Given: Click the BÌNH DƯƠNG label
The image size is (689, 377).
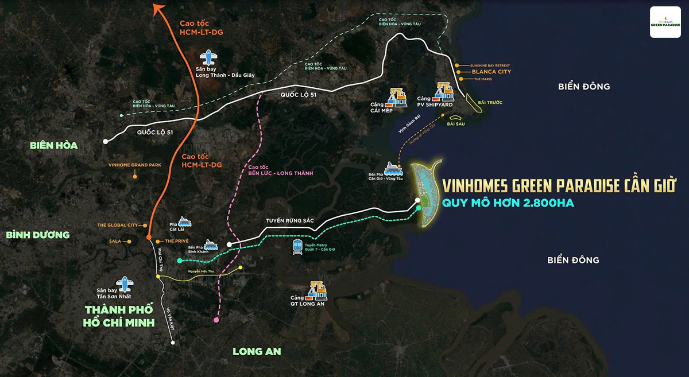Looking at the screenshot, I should pyautogui.click(x=37, y=235).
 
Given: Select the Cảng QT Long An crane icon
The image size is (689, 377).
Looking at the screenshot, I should pyautogui.click(x=317, y=291).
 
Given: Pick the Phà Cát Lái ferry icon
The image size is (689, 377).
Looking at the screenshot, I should pyautogui.click(x=185, y=221).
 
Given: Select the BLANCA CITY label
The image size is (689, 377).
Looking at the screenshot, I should pyautogui.click(x=491, y=72).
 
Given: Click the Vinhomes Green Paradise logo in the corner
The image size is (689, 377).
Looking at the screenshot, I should pyautogui.click(x=665, y=22).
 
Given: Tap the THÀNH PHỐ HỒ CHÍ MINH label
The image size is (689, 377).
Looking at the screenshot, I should pyautogui.click(x=119, y=316).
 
